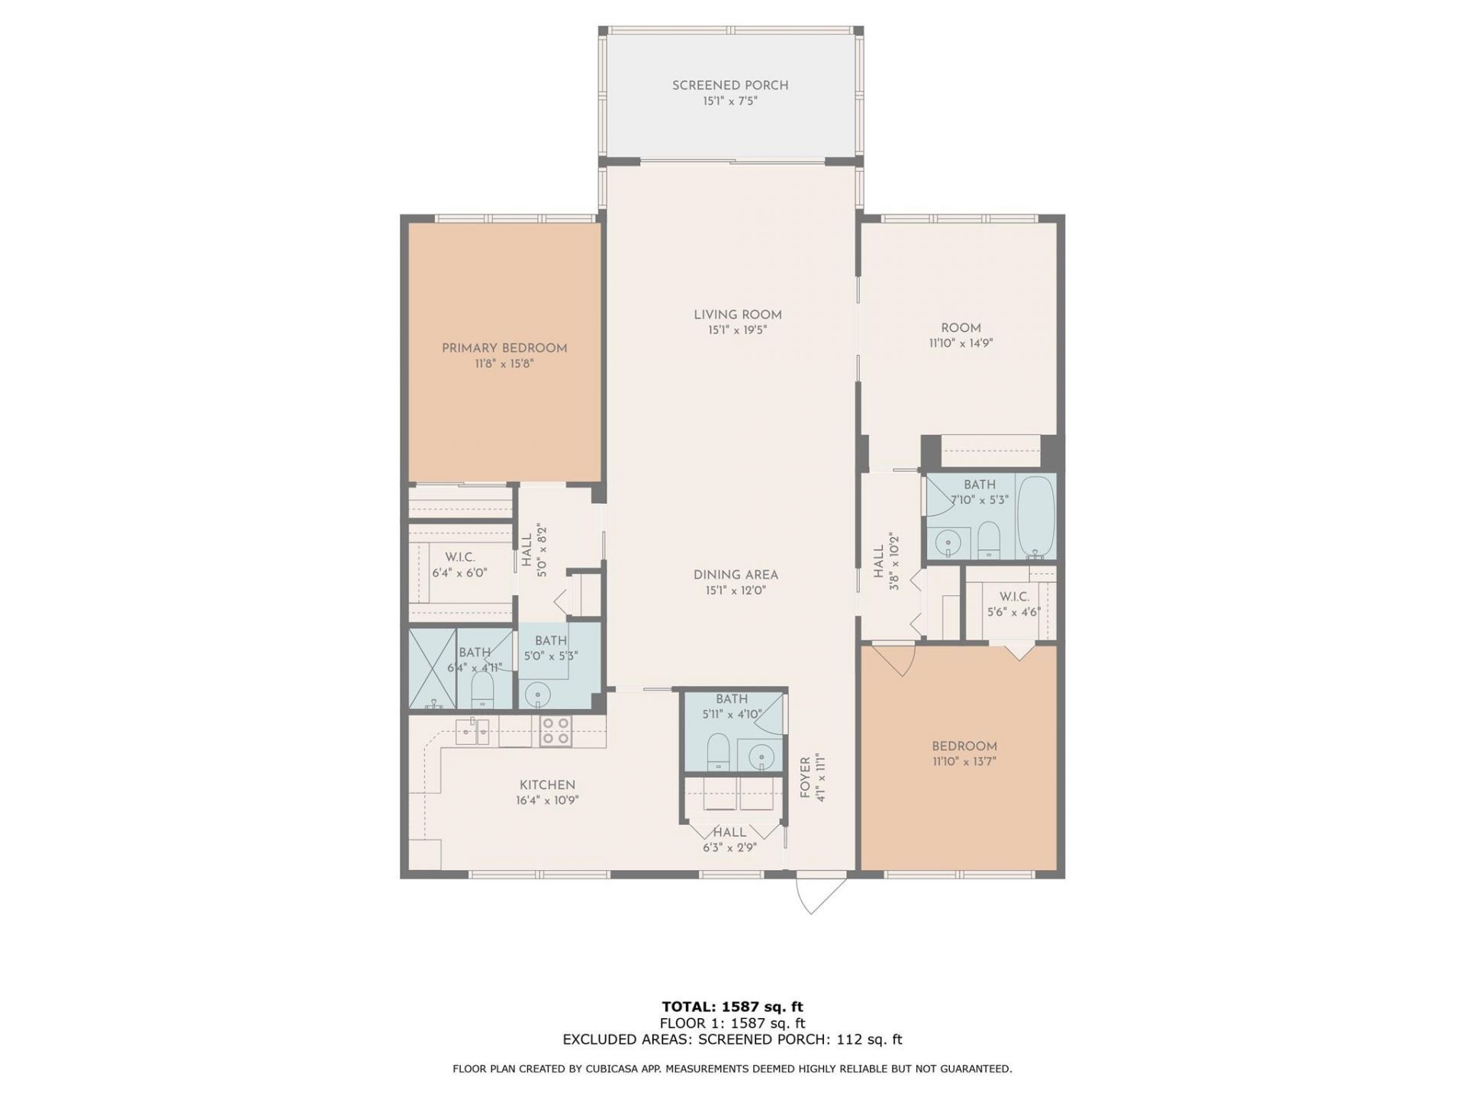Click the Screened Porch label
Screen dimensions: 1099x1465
click(729, 85)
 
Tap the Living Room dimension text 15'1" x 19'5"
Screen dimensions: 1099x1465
click(737, 330)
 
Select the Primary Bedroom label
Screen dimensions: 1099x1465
click(504, 348)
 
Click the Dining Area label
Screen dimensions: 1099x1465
click(736, 575)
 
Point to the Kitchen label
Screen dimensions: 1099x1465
click(547, 785)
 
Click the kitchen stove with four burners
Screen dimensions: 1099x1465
click(555, 730)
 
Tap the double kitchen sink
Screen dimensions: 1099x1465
click(473, 732)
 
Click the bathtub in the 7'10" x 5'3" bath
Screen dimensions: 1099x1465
click(1035, 517)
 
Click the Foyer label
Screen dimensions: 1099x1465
click(805, 778)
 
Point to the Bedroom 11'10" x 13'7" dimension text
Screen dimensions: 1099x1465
click(964, 762)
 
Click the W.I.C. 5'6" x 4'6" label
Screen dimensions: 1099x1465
click(1014, 596)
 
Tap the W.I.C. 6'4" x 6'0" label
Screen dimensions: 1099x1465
click(459, 557)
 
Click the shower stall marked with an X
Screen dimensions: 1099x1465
click(432, 669)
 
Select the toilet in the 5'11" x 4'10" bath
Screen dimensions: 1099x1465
click(718, 753)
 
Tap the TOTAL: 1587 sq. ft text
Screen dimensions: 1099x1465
click(732, 1007)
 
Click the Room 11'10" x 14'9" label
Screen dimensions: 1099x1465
click(961, 327)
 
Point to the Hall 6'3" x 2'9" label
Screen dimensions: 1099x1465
click(729, 833)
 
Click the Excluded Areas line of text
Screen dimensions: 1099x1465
click(732, 1039)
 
